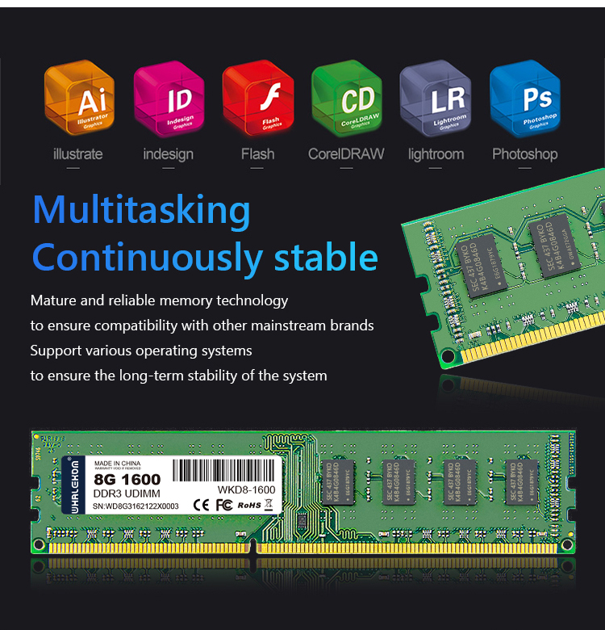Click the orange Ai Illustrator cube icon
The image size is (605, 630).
pos(79,100)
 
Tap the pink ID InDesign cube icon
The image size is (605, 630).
pos(168,100)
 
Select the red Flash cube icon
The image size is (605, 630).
pos(257,100)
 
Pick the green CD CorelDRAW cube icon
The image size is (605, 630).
pos(346,100)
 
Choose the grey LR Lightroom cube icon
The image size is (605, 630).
pos(436,100)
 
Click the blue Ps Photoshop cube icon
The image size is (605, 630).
pos(524,100)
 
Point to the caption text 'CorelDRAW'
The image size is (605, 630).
pos(346,153)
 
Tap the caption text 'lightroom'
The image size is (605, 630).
pos(436,153)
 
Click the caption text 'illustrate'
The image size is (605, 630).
pos(77,153)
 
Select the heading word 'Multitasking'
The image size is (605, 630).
pos(142,210)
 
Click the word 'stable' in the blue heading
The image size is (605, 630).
pos(326,257)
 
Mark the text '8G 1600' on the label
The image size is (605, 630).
pos(127,480)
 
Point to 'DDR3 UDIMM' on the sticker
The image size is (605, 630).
pos(128,493)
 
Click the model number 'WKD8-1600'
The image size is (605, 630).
pos(246,490)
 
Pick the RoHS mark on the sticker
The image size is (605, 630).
pos(250,505)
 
